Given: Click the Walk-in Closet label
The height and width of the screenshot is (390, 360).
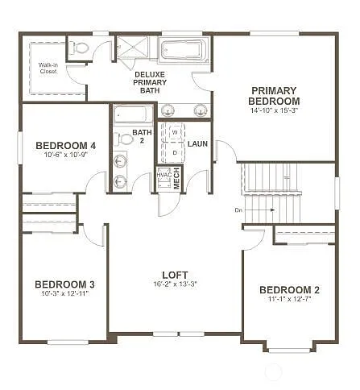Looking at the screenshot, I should point(48,68).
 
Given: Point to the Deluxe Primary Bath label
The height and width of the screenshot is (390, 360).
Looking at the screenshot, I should point(150,82).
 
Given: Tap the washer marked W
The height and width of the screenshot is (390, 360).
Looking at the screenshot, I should point(174,133).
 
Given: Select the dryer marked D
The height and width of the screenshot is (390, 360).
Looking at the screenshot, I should point(174,151).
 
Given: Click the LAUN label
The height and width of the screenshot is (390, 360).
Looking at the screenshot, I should point(198,144).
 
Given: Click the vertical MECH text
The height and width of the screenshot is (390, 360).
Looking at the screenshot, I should point(177,179).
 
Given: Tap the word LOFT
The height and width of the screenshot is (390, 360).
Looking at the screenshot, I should point(174,274).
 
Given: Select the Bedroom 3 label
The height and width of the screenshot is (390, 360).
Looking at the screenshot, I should point(64,284).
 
